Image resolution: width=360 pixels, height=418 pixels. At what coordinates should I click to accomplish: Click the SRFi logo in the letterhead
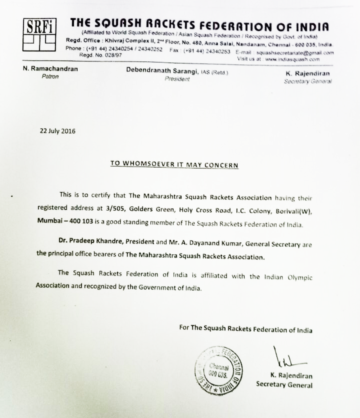[x=39, y=33]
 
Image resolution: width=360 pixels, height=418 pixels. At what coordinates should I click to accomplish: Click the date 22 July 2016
[x=57, y=131]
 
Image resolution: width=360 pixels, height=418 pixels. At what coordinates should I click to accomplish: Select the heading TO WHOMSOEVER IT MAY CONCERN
[x=174, y=164]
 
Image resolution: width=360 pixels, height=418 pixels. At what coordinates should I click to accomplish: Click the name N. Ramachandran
[x=50, y=69]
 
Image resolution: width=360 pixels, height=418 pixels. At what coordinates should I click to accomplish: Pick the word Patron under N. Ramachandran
[x=50, y=76]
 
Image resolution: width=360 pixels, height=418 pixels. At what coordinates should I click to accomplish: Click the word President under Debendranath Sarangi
[x=177, y=79]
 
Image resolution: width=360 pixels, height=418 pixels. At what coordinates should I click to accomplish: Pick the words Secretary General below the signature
[x=284, y=385]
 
